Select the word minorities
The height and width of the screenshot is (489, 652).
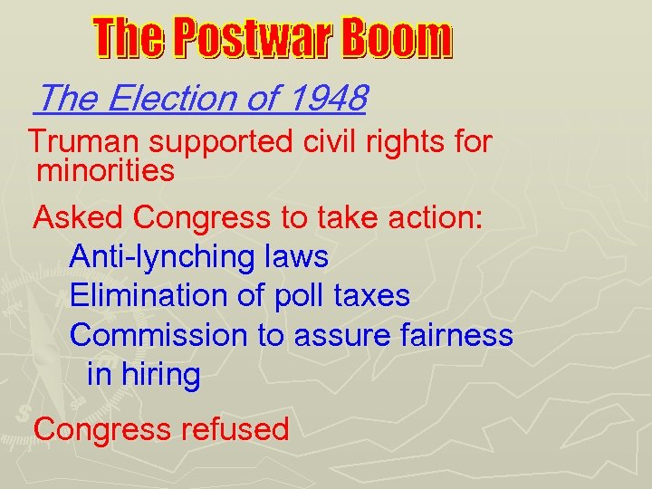point(105,170)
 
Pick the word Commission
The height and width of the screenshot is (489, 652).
point(158,335)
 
